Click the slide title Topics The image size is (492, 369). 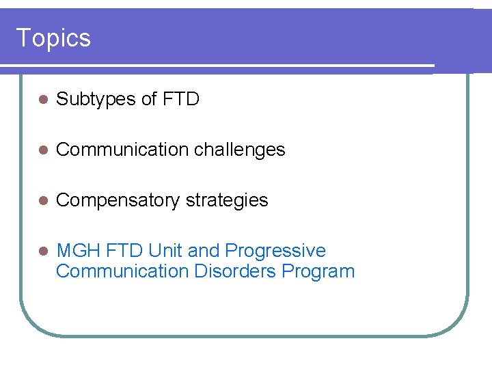pyautogui.click(x=53, y=38)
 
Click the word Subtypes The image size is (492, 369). pyautogui.click(x=96, y=100)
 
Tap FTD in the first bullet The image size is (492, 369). pyautogui.click(x=181, y=100)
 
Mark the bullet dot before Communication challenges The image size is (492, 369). pyautogui.click(x=42, y=150)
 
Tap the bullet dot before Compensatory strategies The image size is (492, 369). pyautogui.click(x=42, y=201)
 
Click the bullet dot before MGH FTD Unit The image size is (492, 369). pyautogui.click(x=42, y=251)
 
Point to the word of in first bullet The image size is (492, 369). pyautogui.click(x=149, y=100)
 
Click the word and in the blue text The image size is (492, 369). pyautogui.click(x=202, y=251)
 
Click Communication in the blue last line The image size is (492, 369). pyautogui.click(x=122, y=271)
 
